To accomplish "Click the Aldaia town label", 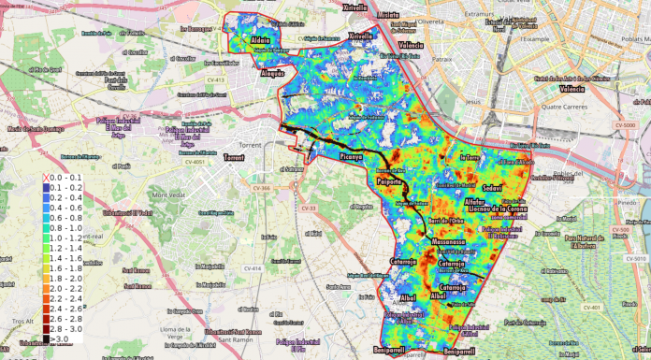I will [x=261, y=40].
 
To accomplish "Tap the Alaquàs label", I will [x=272, y=71].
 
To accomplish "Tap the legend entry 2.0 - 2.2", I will [x=65, y=289].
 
